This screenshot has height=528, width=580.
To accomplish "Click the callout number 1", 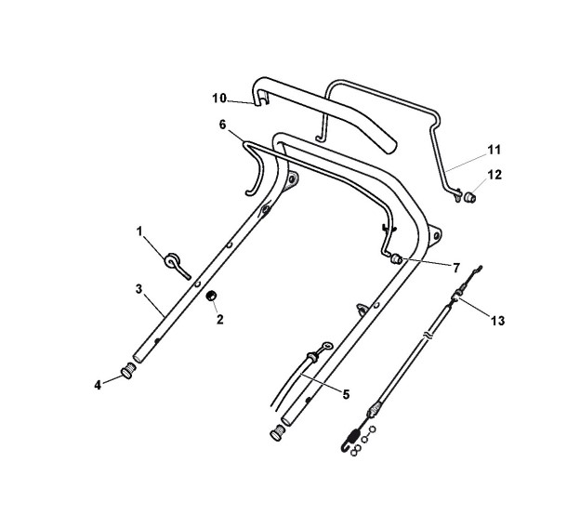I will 141,231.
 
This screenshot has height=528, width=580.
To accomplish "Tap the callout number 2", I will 219,319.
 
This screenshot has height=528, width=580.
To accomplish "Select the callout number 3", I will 138,289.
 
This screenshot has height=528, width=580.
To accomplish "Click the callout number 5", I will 346,394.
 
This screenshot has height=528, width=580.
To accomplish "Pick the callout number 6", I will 222,124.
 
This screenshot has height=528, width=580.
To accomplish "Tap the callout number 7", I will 456,267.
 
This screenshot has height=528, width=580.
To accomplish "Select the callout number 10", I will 219,98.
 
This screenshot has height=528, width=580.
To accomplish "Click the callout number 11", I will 494,148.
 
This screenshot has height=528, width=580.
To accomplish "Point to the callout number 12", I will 494,174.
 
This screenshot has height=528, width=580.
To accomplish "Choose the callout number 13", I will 498,321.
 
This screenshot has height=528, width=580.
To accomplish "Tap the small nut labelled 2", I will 211,297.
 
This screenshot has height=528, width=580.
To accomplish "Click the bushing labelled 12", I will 471,197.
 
